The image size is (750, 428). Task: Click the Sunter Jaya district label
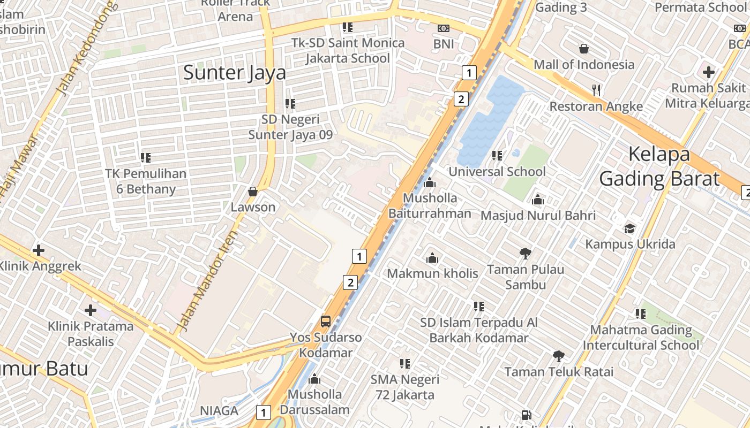coord(235,73)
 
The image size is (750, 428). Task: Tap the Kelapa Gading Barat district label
coord(659,166)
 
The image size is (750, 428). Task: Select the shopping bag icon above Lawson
coord(253,192)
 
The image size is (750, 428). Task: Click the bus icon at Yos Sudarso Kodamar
coord(325,322)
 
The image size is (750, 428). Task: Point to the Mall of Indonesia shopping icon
coord(584,49)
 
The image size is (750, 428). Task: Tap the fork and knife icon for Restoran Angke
coord(597,90)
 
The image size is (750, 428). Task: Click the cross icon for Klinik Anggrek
coord(38,250)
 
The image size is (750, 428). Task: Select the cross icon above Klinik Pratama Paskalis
coord(91,310)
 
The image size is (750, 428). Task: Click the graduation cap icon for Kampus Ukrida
coord(630,228)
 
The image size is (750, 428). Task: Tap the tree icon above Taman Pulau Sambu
coord(526,253)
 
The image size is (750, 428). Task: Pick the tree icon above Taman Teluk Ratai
coord(559,356)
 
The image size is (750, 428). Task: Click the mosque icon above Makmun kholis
coord(432,258)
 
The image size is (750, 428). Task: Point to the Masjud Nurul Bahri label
coord(538,216)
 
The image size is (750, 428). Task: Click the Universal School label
coord(497,172)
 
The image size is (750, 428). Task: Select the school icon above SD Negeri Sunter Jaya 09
coord(290,103)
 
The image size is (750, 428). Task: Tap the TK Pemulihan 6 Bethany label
coord(146,181)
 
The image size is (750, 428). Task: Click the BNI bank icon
coord(443,28)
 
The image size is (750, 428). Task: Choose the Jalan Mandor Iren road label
coord(207,280)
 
